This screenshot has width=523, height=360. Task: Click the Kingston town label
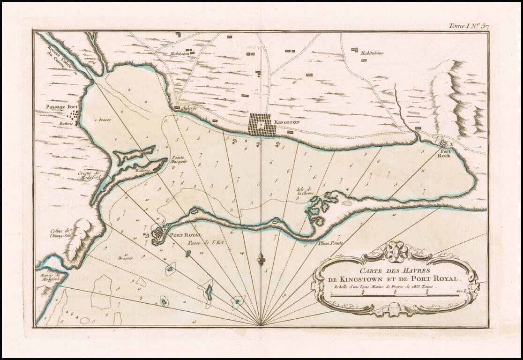[x=286, y=122]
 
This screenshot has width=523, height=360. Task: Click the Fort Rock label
[x=443, y=153]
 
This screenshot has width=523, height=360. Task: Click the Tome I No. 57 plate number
[x=468, y=26]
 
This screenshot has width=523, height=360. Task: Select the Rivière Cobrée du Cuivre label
[x=59, y=61]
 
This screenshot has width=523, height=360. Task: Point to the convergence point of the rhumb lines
[x=261, y=325]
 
